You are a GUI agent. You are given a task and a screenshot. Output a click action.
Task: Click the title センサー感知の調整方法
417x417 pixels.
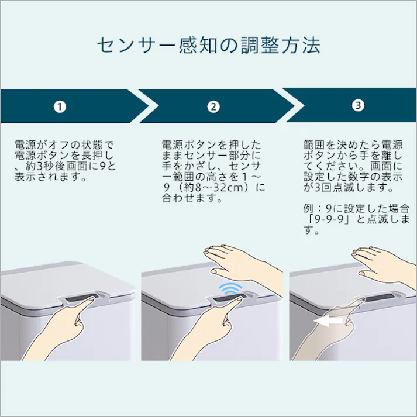click(208, 46)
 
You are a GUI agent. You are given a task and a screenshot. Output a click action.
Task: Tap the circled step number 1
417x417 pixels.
click(60, 106)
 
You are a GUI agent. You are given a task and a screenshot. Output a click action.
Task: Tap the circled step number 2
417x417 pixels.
click(213, 106)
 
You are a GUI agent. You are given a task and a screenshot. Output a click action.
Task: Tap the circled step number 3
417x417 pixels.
click(358, 105)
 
